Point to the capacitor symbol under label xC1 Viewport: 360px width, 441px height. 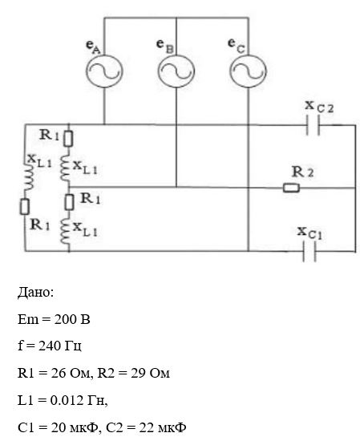click(309, 252)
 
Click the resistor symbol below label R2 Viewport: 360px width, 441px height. click(291, 188)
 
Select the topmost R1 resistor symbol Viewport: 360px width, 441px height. click(68, 139)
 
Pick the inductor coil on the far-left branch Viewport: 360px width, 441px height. click(29, 176)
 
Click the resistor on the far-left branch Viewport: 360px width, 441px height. click(25, 207)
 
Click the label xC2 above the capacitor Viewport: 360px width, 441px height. click(319, 107)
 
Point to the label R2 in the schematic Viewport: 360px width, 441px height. click(302, 172)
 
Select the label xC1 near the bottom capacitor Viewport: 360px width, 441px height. click(309, 233)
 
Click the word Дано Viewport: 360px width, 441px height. click(35, 292)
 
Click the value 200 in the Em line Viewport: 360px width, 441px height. click(65, 319)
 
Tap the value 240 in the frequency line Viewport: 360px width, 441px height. click(49, 346)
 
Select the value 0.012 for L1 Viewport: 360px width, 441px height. click(67, 400)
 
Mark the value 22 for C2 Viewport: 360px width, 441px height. click(147, 427)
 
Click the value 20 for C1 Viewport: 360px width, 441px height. click(59, 427)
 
